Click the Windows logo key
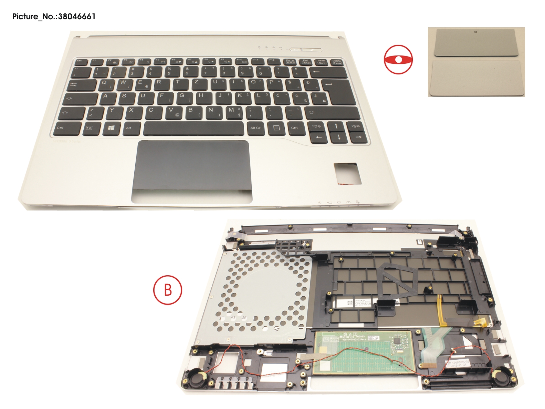(x=111, y=128)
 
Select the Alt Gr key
(x=255, y=128)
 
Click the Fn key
(x=90, y=128)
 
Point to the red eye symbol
(x=398, y=59)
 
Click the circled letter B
(x=168, y=290)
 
